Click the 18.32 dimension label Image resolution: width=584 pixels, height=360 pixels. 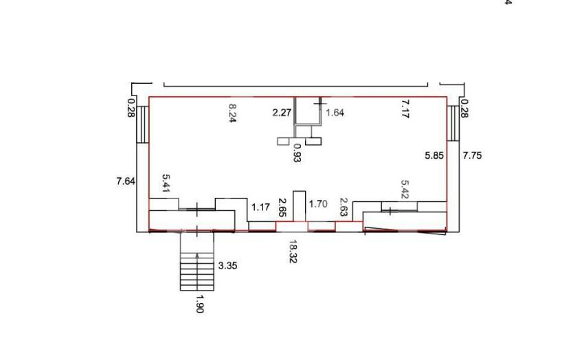click(x=293, y=251)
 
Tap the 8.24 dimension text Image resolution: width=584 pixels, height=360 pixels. click(x=233, y=113)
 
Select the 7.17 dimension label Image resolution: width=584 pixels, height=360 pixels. click(x=405, y=109)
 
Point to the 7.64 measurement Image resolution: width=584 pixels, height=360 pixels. click(x=126, y=181)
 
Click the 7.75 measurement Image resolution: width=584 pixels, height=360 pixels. click(x=472, y=155)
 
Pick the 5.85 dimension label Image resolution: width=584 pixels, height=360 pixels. click(x=434, y=155)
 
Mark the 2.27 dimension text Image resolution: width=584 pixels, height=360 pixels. click(x=282, y=113)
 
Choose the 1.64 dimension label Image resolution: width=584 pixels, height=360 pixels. click(x=335, y=113)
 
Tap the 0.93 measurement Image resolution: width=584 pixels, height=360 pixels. click(x=297, y=153)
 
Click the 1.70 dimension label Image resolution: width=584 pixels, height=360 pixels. click(x=318, y=203)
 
